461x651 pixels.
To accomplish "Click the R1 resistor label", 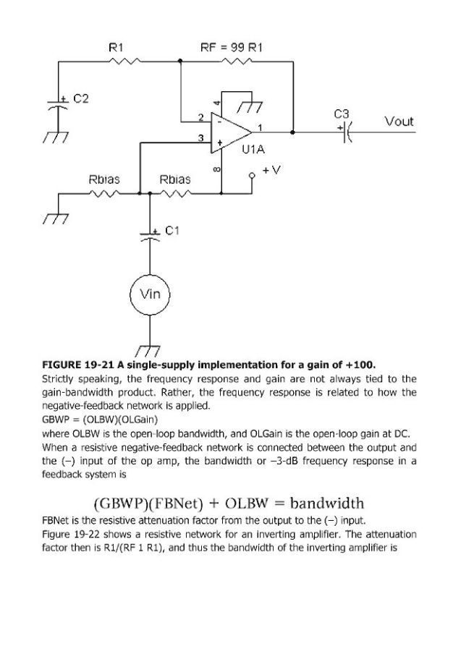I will [x=115, y=47].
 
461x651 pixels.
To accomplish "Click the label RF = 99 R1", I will [x=231, y=47].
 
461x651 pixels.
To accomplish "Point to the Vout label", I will [x=399, y=122].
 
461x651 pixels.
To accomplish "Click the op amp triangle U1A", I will [x=229, y=132].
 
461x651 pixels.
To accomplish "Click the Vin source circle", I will [x=150, y=294].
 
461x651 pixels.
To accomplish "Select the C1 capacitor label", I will [x=172, y=231].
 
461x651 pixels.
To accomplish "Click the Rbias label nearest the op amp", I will [x=174, y=179].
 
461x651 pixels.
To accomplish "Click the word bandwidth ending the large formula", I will [x=325, y=503].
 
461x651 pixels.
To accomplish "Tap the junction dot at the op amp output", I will [x=292, y=132].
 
